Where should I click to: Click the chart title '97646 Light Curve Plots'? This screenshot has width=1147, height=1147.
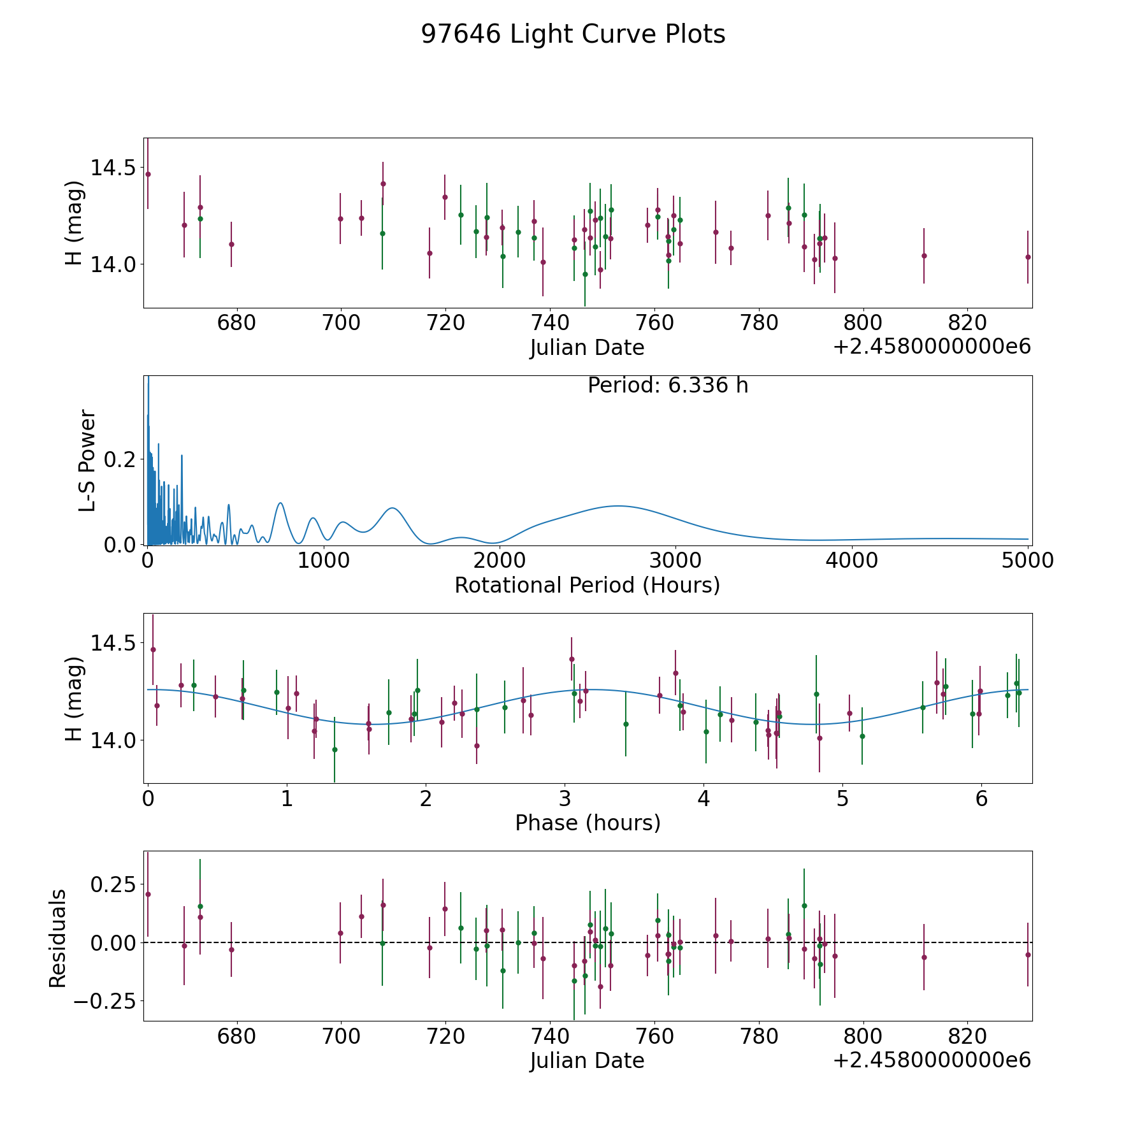pos(573,34)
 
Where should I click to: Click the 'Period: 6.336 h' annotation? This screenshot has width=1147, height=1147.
pos(667,386)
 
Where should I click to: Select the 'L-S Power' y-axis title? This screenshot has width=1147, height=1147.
pos(87,460)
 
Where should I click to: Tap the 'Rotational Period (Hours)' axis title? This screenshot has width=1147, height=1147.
pos(587,585)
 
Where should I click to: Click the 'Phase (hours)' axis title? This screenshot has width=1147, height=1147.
pos(588,823)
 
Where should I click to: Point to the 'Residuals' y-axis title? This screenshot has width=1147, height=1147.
pos(58,938)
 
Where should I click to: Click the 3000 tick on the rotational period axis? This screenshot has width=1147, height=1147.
pos(675,561)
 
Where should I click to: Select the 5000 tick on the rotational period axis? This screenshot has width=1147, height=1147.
pos(1027,561)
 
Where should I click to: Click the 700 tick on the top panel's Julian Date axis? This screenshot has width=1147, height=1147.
pos(341,323)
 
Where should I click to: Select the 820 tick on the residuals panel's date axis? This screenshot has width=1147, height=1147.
pos(967,1037)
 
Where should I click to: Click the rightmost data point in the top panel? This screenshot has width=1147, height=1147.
pos(1027,257)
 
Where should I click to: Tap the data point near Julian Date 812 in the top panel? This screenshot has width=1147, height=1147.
pos(924,256)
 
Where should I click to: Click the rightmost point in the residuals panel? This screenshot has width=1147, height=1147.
pos(1027,955)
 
